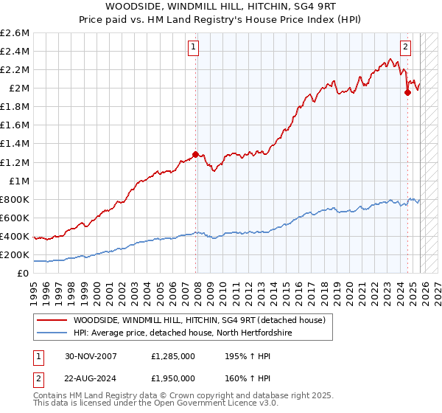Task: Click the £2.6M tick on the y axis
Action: pyautogui.click(x=15, y=33)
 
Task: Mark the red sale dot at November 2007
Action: pyautogui.click(x=195, y=155)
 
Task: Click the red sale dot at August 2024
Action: pyautogui.click(x=407, y=92)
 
